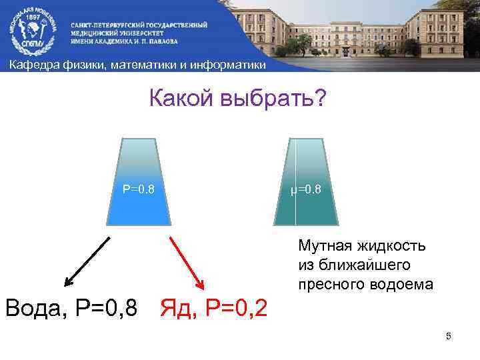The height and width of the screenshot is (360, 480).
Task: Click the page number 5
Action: click(449, 337)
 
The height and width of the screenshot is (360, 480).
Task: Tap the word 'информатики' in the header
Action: click(226, 65)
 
